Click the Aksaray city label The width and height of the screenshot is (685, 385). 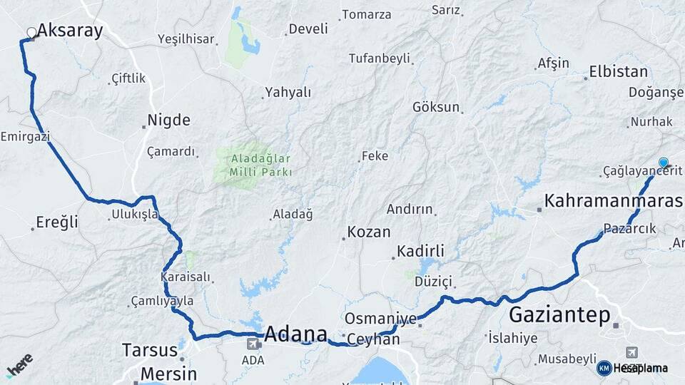pos(70,30)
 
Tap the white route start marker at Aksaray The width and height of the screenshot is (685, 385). pos(31,32)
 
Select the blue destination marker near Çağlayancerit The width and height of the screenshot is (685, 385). pos(664,163)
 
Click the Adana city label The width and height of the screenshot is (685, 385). pos(295,334)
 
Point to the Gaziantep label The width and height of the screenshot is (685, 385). pos(559,314)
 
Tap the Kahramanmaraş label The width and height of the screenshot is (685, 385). pos(613,201)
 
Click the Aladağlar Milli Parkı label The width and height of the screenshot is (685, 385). pos(260,165)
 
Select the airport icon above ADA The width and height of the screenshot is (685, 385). pos(252,345)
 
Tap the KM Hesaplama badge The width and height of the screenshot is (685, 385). pos(632,368)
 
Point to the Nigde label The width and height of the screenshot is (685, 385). pos(168,120)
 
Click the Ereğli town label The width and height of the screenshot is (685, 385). pos(58,222)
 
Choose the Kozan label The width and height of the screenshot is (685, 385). pos(368,232)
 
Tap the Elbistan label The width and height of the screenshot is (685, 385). pos(618,72)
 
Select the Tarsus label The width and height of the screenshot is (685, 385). pos(149,350)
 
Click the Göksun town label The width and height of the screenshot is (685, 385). pos(436,107)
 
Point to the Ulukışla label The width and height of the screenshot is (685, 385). pos(135,214)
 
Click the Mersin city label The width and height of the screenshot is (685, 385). pos(168,374)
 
